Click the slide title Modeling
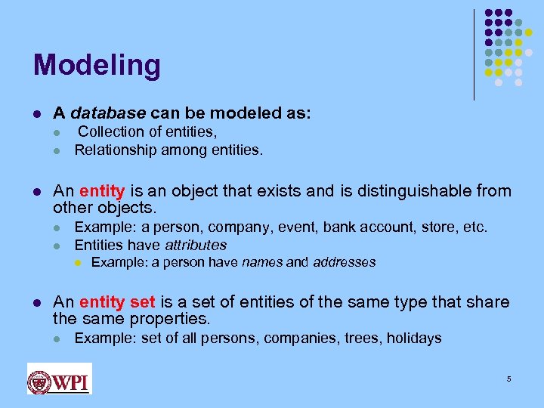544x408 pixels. (x=97, y=66)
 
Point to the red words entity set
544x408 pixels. (x=116, y=302)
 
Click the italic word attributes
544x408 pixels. (x=196, y=245)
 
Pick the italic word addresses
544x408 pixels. (x=344, y=262)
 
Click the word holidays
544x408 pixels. (x=414, y=338)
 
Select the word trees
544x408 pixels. (x=361, y=338)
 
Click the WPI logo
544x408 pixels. (x=59, y=379)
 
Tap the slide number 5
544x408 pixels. (x=509, y=379)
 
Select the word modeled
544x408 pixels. (x=244, y=113)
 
